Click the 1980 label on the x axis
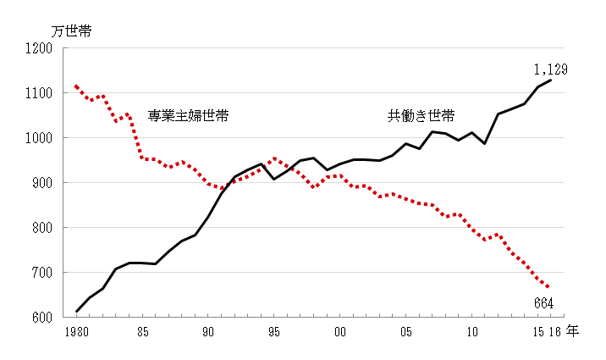[x=75, y=332]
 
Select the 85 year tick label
[x=143, y=332]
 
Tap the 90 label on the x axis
[x=209, y=332]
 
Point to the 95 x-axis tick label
[x=275, y=332]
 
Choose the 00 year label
[x=341, y=332]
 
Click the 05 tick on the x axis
[x=407, y=332]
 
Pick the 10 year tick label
[x=473, y=332]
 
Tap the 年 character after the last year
[x=573, y=331]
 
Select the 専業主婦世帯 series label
[x=188, y=116]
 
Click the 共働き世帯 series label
[x=421, y=116]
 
